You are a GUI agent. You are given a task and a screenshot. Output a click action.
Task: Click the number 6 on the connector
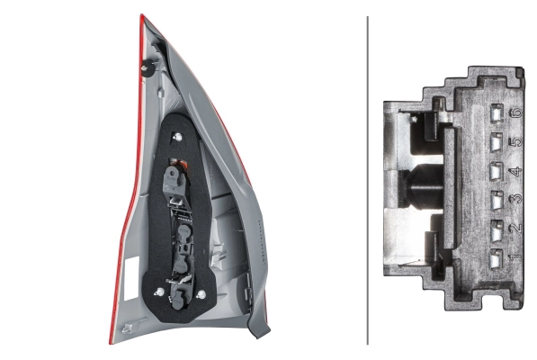pyautogui.click(x=517, y=112)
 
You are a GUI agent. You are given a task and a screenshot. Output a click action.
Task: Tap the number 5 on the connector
pyautogui.click(x=517, y=141)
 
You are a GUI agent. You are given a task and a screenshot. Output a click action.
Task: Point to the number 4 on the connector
pyautogui.click(x=517, y=171)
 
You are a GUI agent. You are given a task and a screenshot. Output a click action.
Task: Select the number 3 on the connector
pyautogui.click(x=516, y=199)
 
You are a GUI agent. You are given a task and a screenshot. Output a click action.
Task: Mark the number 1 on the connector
pyautogui.click(x=516, y=256)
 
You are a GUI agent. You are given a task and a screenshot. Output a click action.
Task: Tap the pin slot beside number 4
pyautogui.click(x=497, y=171)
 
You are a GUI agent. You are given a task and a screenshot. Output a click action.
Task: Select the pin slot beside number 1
pyautogui.click(x=497, y=258)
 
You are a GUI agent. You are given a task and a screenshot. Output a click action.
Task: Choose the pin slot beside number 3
pyautogui.click(x=497, y=201)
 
